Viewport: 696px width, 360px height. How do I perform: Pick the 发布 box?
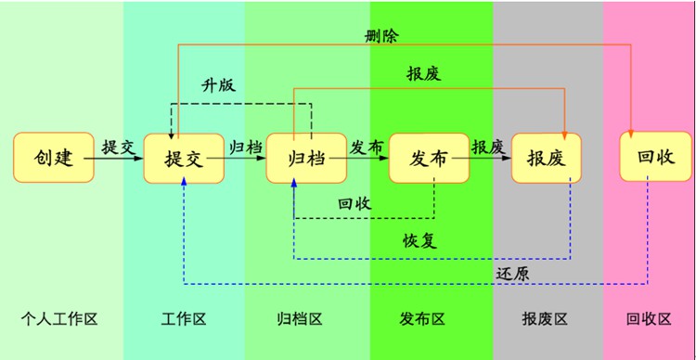click(429, 158)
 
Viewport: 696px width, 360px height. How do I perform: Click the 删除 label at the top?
click(382, 36)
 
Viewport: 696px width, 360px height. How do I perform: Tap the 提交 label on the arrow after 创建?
click(118, 147)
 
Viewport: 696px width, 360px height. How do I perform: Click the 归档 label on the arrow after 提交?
click(245, 147)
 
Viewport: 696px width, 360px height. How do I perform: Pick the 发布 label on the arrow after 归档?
click(366, 147)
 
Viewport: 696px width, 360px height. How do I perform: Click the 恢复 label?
click(419, 240)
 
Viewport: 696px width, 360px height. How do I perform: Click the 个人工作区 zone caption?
click(59, 319)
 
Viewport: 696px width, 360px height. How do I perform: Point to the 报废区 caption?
click(545, 319)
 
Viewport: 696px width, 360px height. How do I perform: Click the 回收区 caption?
click(650, 319)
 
